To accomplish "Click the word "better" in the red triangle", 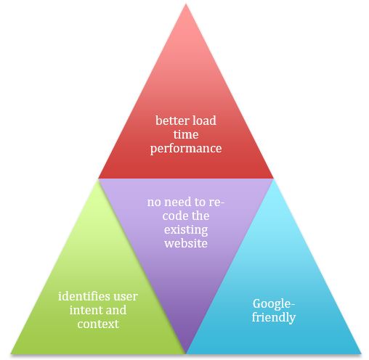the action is [x=169, y=120].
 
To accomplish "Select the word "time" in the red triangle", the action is [x=186, y=134].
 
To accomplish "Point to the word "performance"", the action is [x=186, y=149].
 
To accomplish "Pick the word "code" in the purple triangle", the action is [x=175, y=216].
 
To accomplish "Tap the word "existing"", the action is [x=186, y=230].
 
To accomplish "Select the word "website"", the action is [x=186, y=243].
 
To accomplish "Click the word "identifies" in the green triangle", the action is [x=84, y=296].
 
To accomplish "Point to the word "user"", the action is [x=126, y=297].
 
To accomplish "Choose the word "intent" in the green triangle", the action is [x=84, y=310].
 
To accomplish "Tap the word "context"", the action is [x=98, y=324].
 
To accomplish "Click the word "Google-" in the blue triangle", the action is [x=274, y=304].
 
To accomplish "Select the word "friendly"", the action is [x=274, y=317].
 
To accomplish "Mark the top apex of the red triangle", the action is [x=186, y=4].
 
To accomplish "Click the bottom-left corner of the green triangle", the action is [x=11, y=354].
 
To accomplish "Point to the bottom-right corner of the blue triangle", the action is [x=361, y=354].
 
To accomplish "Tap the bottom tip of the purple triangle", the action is [x=186, y=353].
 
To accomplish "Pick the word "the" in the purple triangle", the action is [x=200, y=216].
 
